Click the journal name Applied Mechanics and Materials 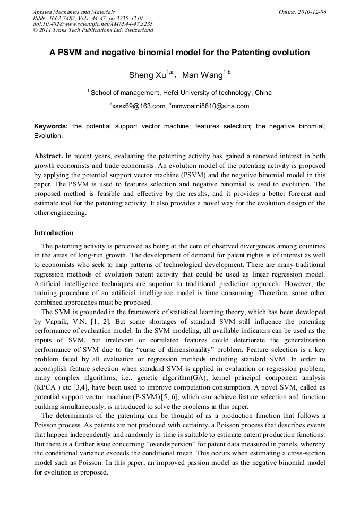pos(74,11)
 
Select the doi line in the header pos(93,24)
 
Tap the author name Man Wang pos(202,75)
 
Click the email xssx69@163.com pos(138,106)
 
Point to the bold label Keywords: pos(51,126)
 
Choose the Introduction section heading pos(54,233)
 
